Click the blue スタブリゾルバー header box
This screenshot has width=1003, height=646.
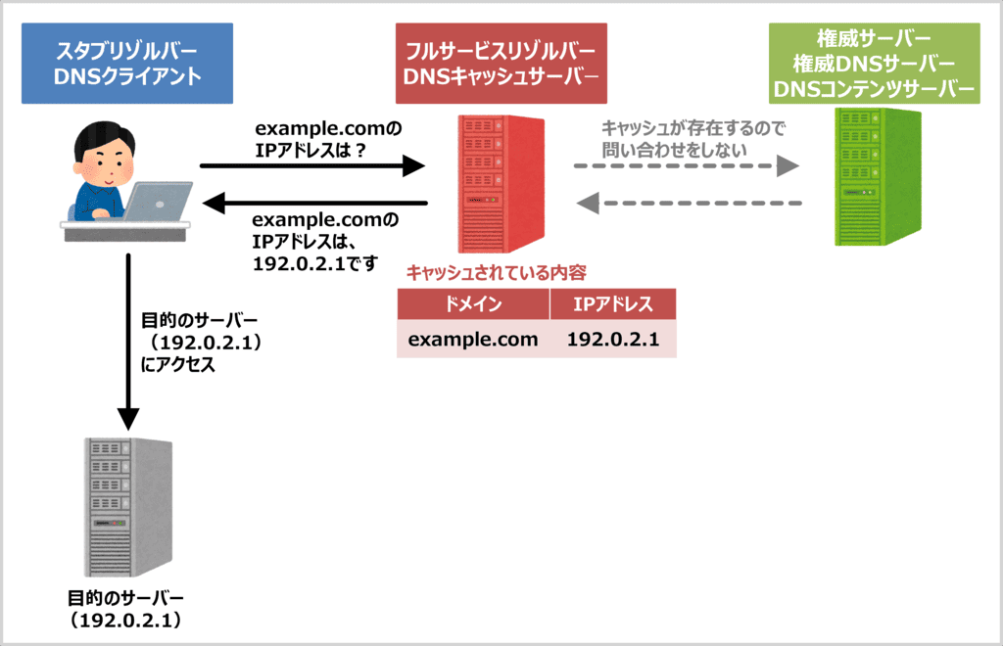(x=126, y=63)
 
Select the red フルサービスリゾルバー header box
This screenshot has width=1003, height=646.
(x=501, y=63)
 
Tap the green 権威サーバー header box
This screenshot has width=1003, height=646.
(x=874, y=63)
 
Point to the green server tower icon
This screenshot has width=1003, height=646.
(x=874, y=176)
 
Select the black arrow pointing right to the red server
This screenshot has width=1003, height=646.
(x=313, y=166)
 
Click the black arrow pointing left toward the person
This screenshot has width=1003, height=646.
(x=313, y=204)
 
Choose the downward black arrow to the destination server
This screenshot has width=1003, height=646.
(x=126, y=343)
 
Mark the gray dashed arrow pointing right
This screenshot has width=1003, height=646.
(x=686, y=166)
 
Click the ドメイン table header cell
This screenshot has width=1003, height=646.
(x=473, y=303)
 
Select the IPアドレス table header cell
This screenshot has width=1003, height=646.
(x=613, y=303)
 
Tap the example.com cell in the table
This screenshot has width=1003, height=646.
(x=473, y=340)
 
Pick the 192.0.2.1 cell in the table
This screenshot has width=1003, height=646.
(x=613, y=340)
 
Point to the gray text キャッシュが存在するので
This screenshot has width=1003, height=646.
(x=693, y=128)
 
